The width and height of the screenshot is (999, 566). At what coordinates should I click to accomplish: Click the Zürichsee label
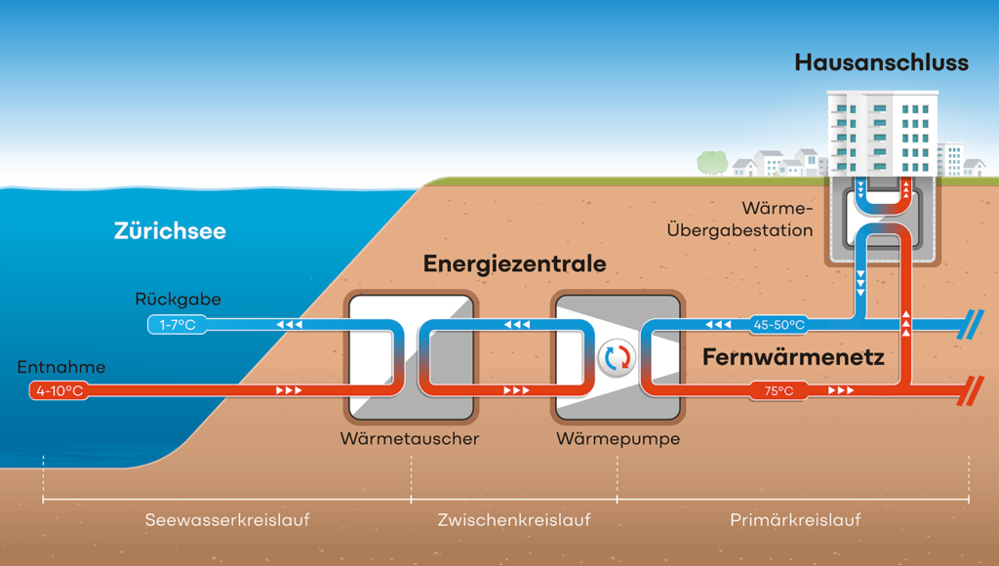[x=170, y=231]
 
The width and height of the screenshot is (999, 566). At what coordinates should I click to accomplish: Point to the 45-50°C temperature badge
[x=778, y=324]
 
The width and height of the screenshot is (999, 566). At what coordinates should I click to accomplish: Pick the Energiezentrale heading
[x=514, y=264]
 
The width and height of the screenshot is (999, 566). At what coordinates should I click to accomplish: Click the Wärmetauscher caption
[x=410, y=439]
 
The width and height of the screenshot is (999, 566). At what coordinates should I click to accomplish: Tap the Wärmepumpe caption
[x=618, y=439]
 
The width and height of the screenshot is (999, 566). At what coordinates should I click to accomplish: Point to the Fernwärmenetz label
[x=793, y=358]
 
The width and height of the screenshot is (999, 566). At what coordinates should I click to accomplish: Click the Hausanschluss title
[x=881, y=63]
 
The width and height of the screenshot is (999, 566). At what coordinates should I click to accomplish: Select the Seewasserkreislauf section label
[x=226, y=520]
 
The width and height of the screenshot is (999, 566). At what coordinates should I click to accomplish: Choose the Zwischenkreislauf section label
[x=514, y=520]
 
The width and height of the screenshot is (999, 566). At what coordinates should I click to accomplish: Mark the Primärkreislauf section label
[x=795, y=520]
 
